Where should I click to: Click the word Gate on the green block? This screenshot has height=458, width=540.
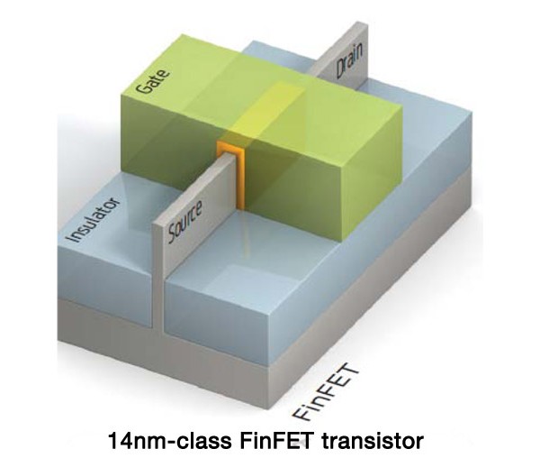[153, 81]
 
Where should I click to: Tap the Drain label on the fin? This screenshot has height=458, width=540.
[349, 60]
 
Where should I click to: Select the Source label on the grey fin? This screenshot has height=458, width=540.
[184, 222]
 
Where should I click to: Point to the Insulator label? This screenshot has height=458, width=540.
[94, 220]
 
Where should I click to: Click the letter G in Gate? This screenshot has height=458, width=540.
[142, 87]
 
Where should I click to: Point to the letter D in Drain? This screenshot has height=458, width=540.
[341, 70]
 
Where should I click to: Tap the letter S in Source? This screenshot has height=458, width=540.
[172, 236]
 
